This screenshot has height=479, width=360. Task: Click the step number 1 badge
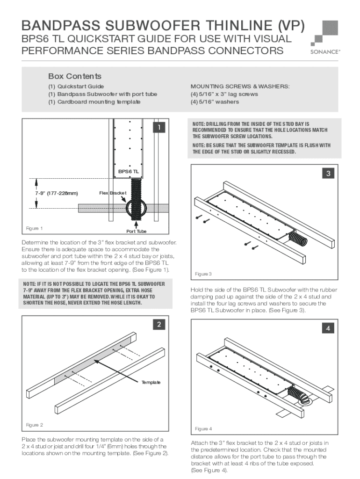coord(160,127)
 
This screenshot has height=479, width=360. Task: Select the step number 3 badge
coord(329,174)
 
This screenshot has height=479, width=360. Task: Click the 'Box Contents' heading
coord(75,76)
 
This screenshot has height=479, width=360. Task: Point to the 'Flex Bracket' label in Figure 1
coord(113,193)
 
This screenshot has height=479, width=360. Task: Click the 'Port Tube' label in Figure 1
coord(137,232)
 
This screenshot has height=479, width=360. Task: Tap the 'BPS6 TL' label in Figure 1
coord(129,172)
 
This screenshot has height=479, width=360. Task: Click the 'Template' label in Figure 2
coord(151,383)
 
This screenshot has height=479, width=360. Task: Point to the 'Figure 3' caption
coord(204,274)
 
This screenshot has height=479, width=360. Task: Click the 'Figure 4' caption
coord(204,428)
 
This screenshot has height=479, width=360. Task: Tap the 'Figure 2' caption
coord(35,425)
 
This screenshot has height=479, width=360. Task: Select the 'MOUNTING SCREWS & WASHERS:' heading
coord(240,87)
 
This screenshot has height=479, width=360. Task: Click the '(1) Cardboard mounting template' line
coord(94,102)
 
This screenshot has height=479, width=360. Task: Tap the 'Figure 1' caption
coord(35,228)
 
